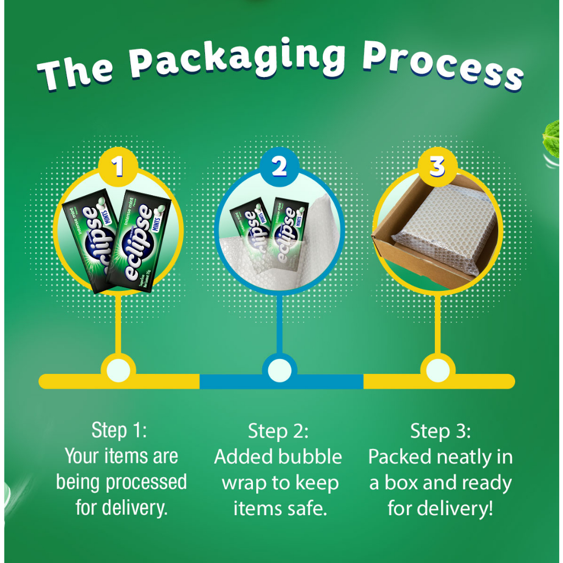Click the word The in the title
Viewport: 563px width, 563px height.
(76, 73)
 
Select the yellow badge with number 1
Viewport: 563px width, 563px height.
(118, 165)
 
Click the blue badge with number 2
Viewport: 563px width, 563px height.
(279, 165)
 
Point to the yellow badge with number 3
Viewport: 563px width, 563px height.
(437, 165)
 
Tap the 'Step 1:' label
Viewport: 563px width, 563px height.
(119, 430)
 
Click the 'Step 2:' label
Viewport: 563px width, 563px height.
(278, 431)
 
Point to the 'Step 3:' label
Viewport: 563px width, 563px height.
(440, 431)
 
